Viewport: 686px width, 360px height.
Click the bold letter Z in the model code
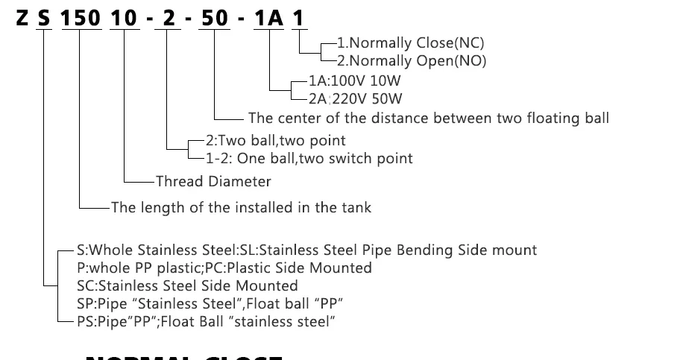click(x=22, y=18)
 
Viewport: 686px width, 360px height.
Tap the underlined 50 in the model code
click(x=215, y=18)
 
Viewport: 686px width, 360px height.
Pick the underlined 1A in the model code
click(x=268, y=18)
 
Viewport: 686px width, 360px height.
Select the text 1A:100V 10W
click(x=356, y=80)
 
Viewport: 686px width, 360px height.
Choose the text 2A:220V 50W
click(x=356, y=97)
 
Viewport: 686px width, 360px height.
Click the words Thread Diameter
click(x=213, y=181)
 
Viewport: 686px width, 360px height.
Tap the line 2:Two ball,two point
click(x=275, y=140)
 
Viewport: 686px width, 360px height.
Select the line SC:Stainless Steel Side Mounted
click(x=187, y=285)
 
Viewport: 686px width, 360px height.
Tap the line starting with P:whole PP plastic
click(x=224, y=268)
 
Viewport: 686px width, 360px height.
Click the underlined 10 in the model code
click(x=125, y=18)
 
